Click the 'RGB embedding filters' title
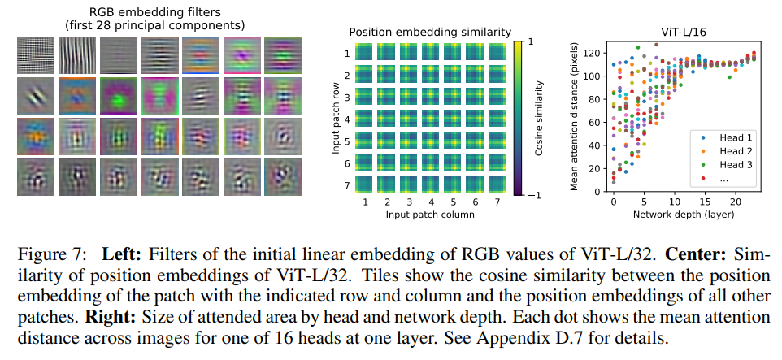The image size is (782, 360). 154,12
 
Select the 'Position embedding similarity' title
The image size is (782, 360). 430,32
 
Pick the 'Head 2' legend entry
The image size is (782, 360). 732,151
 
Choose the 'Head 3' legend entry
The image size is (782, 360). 732,165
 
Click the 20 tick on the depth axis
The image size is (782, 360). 735,201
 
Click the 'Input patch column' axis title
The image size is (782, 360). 430,215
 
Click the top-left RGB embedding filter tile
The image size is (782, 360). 35,56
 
